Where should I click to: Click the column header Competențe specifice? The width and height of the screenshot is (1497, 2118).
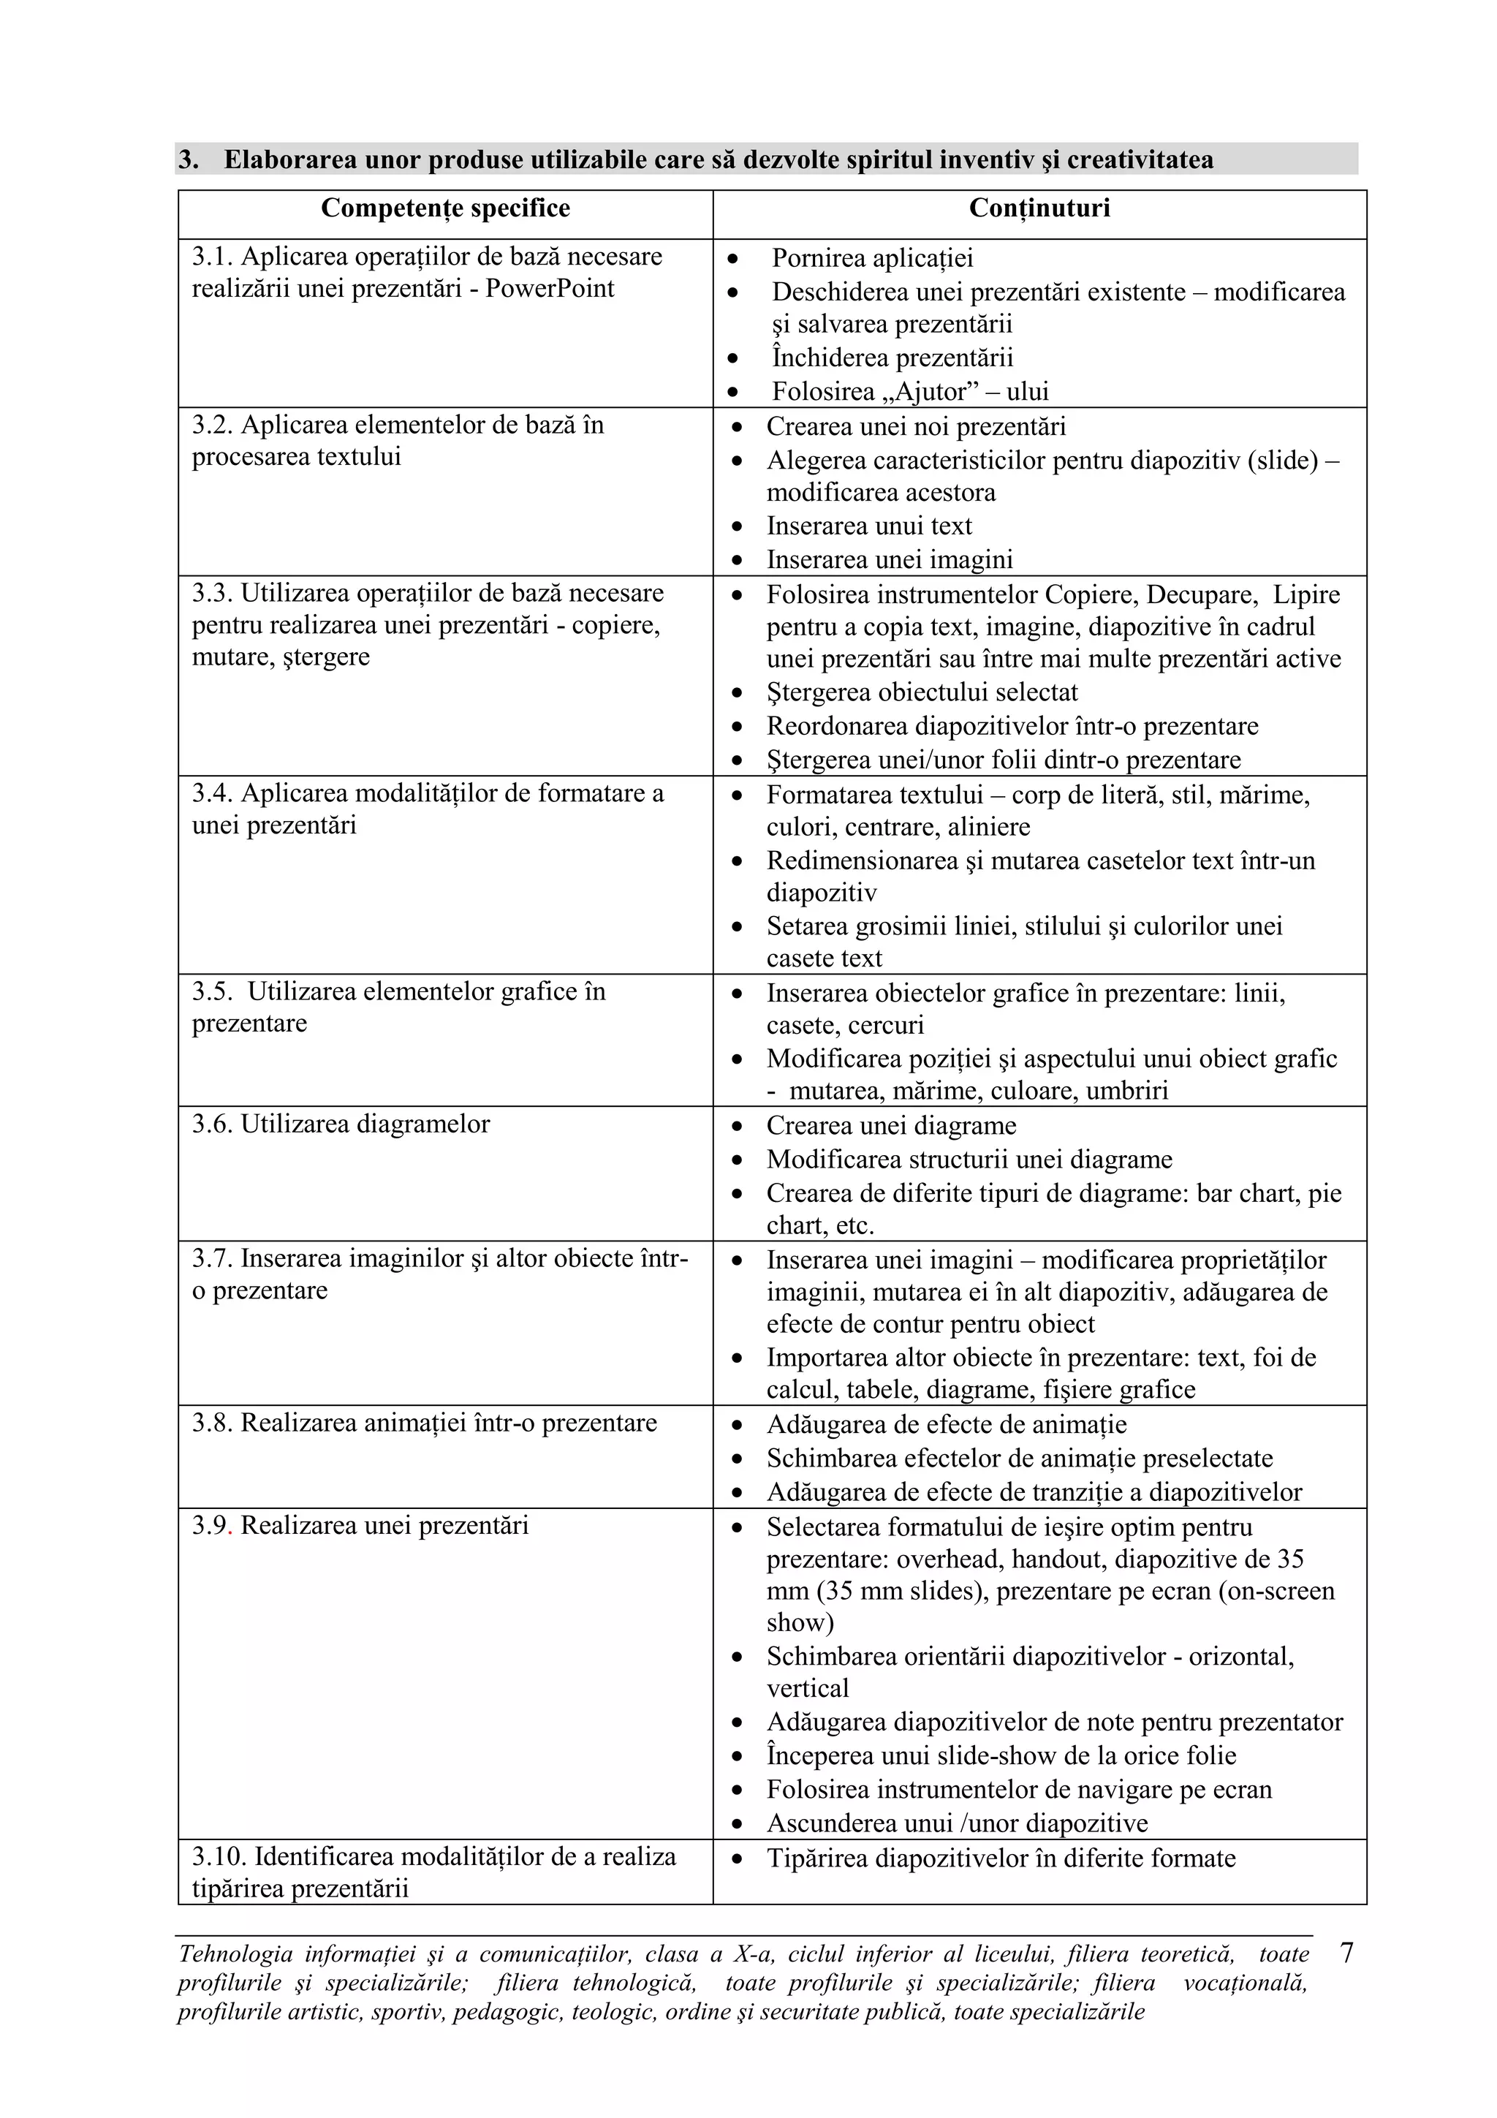click(444, 208)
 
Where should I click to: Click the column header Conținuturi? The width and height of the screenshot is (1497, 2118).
click(1039, 208)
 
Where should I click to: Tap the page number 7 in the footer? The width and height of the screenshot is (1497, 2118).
click(1346, 1953)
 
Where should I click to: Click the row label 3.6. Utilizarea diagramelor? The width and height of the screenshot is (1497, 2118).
click(341, 1124)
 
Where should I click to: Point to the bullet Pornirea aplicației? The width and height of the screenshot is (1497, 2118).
click(871, 258)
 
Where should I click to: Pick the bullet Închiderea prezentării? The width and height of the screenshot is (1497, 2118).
click(892, 358)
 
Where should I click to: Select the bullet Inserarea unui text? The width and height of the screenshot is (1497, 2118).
click(869, 526)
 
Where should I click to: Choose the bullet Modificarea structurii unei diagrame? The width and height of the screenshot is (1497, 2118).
click(969, 1160)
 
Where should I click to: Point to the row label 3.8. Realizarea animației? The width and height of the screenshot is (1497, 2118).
click(423, 1423)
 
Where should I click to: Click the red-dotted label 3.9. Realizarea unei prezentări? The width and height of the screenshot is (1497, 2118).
click(360, 1525)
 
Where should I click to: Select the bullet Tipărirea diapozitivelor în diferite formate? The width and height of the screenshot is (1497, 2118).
click(1000, 1858)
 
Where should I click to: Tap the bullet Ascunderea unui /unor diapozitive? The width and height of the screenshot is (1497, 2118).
click(957, 1823)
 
